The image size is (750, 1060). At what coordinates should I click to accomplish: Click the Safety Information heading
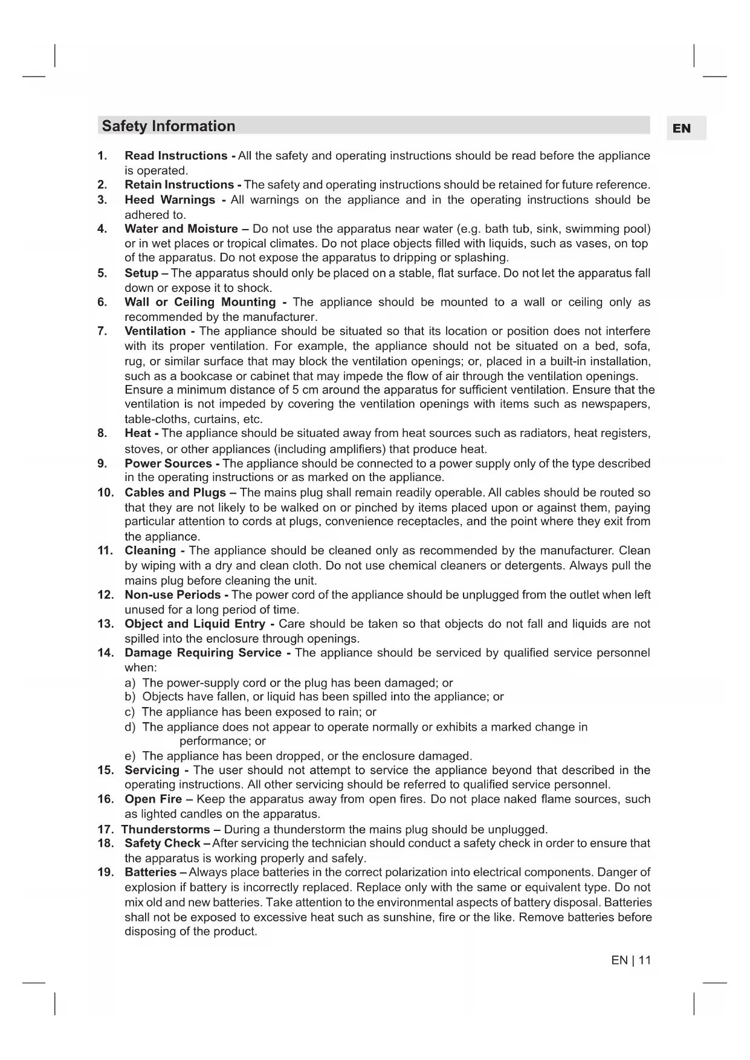click(x=168, y=126)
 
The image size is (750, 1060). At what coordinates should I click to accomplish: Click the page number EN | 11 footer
click(x=631, y=960)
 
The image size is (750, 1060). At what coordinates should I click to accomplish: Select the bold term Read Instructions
click(x=176, y=156)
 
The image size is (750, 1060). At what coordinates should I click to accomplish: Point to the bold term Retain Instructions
click(x=179, y=185)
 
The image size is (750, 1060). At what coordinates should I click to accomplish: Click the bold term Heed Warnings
click(x=170, y=200)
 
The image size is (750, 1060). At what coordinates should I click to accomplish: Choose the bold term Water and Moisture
click(x=181, y=229)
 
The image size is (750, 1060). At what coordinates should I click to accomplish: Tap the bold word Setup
click(x=141, y=273)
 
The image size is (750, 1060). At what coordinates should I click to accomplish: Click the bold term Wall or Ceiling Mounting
click(x=200, y=302)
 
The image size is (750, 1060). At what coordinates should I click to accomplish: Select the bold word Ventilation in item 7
click(x=155, y=331)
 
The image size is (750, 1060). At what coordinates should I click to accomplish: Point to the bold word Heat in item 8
click(x=138, y=433)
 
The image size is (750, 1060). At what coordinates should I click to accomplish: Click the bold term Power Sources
click(x=168, y=464)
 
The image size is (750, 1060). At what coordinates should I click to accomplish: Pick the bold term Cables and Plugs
click(x=175, y=493)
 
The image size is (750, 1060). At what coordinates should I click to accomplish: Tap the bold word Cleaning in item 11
click(x=150, y=551)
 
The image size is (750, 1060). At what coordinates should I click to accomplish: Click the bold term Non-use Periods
click(x=172, y=595)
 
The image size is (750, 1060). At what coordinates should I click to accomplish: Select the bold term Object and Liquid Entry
click(x=195, y=624)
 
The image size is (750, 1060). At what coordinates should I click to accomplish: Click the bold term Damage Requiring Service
click(x=203, y=653)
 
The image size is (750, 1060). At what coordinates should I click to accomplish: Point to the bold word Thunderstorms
click(x=166, y=829)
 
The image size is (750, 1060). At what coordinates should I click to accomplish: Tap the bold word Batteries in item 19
click(x=150, y=872)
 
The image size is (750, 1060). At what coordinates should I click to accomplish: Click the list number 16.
click(x=105, y=800)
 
